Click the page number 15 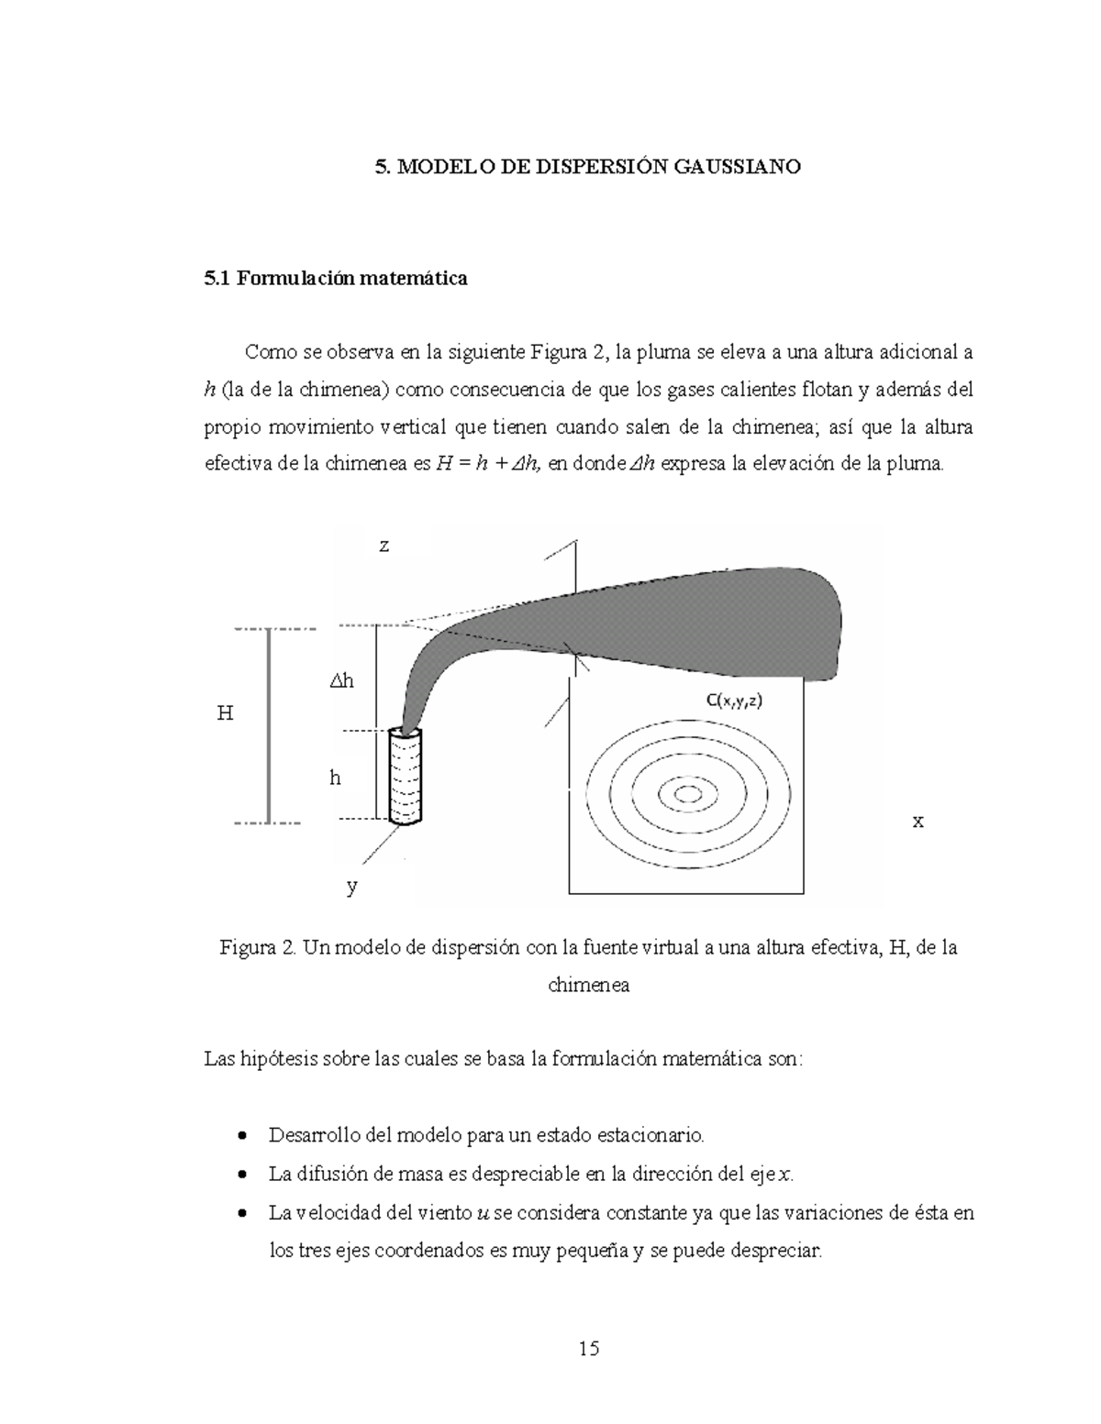[x=588, y=1348]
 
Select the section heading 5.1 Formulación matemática [x=335, y=278]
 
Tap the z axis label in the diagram [x=384, y=546]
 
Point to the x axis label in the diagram [x=917, y=822]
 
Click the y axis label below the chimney [x=351, y=887]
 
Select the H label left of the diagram [x=225, y=712]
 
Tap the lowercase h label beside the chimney [x=335, y=778]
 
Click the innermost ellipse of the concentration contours [x=685, y=793]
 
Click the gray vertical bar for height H [x=269, y=725]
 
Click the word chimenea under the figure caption [x=588, y=986]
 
